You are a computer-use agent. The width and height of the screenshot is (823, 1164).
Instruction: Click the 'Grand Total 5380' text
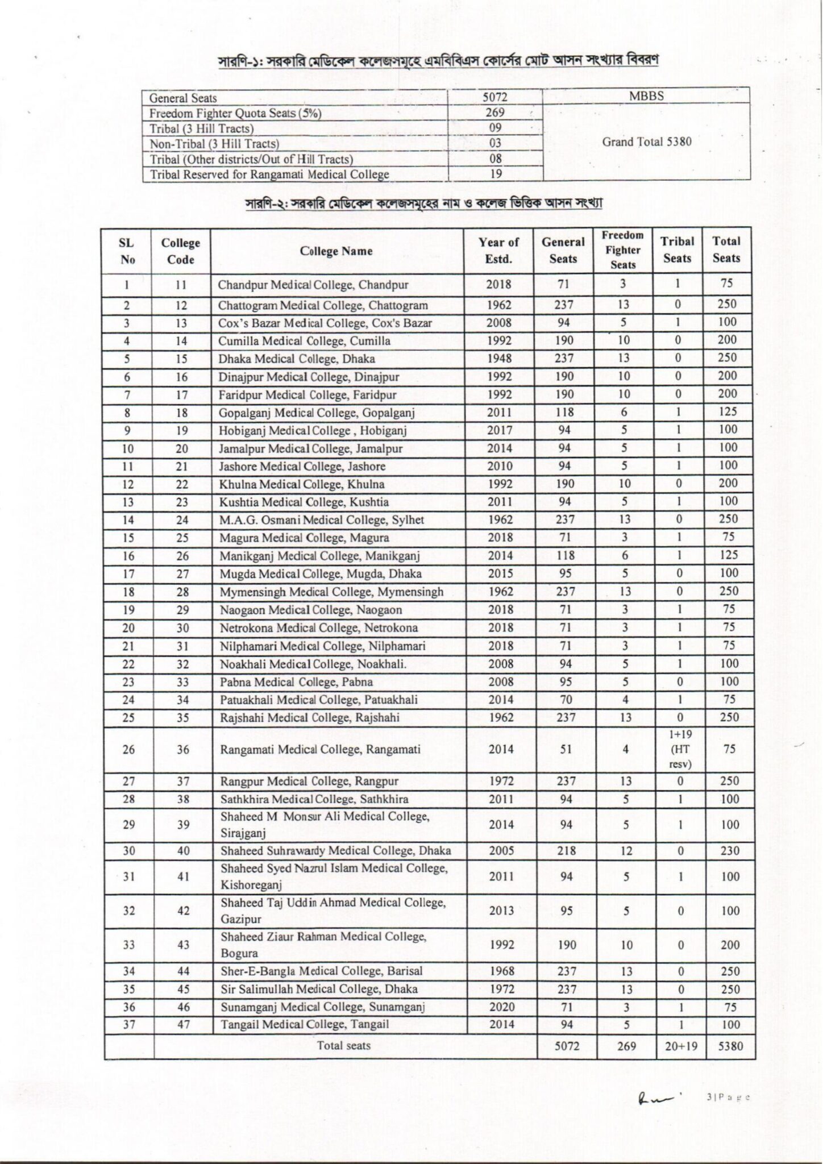[646, 142]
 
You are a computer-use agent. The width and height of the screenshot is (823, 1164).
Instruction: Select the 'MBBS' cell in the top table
[646, 96]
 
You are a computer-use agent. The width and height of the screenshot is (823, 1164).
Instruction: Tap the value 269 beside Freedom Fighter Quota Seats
[496, 113]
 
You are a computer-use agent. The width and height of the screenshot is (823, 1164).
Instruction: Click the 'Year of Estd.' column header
[498, 251]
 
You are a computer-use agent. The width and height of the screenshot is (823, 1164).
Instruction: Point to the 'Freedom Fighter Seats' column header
[622, 250]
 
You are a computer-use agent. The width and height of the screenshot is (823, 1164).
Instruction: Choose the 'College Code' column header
[181, 251]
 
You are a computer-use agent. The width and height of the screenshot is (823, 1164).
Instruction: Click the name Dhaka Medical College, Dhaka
[297, 359]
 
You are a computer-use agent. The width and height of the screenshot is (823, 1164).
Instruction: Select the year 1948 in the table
[499, 359]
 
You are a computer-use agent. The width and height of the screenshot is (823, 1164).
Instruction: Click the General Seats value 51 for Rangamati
[566, 750]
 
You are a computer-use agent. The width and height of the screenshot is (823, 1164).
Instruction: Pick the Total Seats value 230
[730, 851]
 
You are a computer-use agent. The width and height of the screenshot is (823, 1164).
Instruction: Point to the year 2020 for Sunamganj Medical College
[501, 1007]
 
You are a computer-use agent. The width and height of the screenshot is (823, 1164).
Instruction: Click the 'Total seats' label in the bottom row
[343, 1045]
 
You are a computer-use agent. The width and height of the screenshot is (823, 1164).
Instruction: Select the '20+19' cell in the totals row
[680, 1046]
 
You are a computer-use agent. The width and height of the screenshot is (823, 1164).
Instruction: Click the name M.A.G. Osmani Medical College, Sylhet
[322, 519]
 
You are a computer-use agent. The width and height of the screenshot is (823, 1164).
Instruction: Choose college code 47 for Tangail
[183, 1025]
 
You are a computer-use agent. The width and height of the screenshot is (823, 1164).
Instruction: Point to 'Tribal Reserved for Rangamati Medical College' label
[269, 174]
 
